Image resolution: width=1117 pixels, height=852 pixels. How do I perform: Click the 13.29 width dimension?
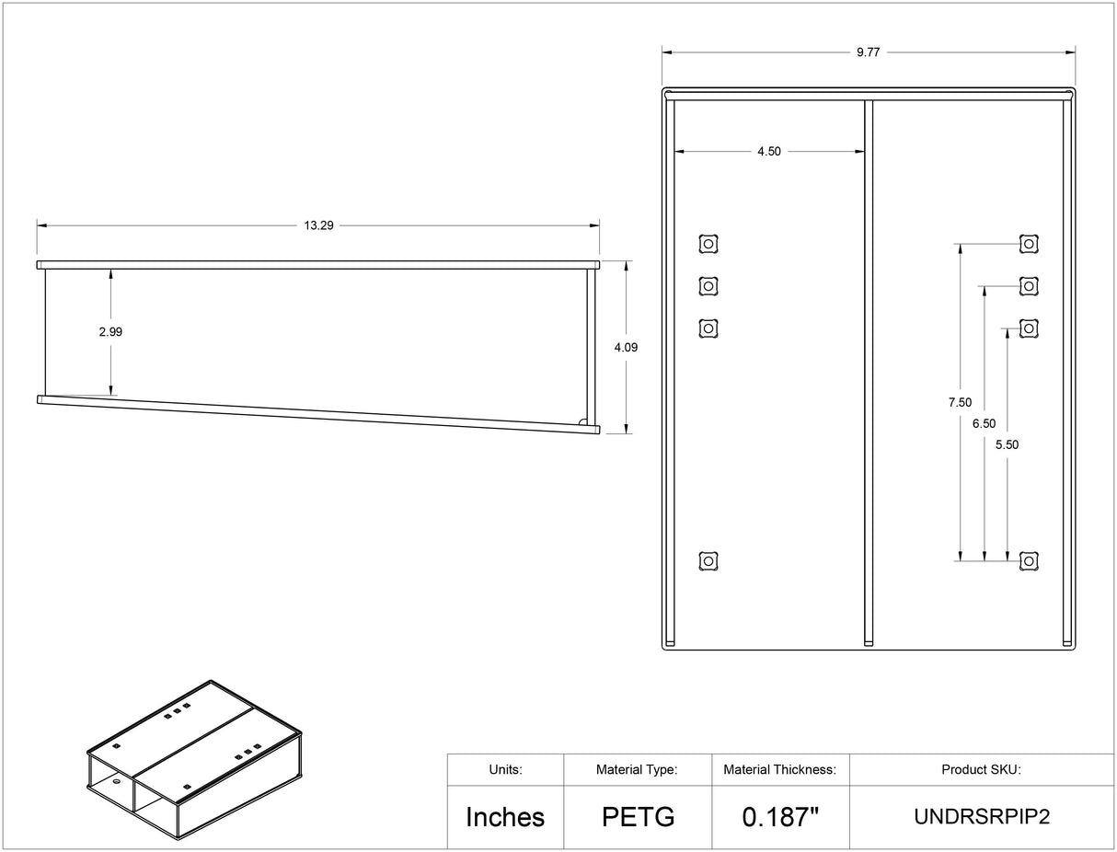(x=318, y=225)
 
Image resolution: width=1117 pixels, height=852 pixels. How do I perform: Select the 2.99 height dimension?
(x=110, y=331)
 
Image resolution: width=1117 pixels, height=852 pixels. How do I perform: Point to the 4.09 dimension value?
(x=626, y=348)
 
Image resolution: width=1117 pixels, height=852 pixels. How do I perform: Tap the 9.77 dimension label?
(x=868, y=52)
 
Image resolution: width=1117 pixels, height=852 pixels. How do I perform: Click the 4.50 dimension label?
(x=769, y=152)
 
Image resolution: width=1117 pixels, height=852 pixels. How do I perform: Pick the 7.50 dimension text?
(x=960, y=402)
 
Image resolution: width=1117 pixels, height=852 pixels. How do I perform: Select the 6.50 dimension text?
(x=984, y=424)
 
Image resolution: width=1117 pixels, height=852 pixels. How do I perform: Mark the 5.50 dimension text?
(x=1008, y=445)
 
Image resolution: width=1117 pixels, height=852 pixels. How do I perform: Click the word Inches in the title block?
(x=505, y=817)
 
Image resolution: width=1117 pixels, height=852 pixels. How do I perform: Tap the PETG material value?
(x=639, y=817)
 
